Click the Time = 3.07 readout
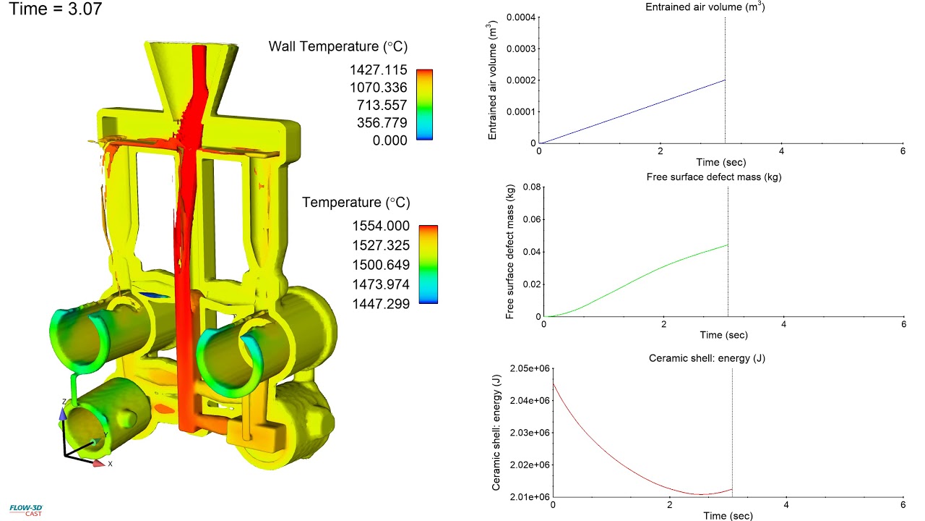pyautogui.click(x=55, y=10)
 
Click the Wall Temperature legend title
pyautogui.click(x=338, y=47)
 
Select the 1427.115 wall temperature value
pyautogui.click(x=379, y=70)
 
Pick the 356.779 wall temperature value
pyautogui.click(x=382, y=122)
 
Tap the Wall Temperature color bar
pyautogui.click(x=425, y=104)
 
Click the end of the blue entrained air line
pyautogui.click(x=725, y=80)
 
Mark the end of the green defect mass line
pyautogui.click(x=727, y=245)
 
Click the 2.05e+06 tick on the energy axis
pyautogui.click(x=528, y=368)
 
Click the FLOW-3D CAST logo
pyautogui.click(x=24, y=509)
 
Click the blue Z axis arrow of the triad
pyautogui.click(x=63, y=413)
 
